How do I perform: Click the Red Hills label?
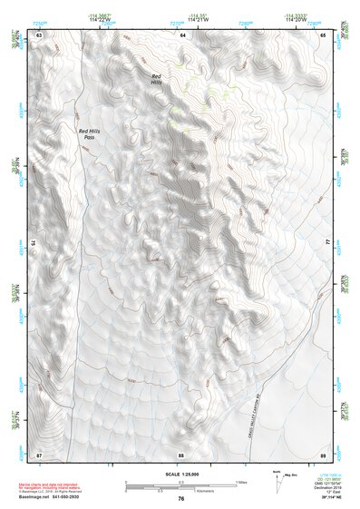point(157,79)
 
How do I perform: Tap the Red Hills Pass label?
point(92,133)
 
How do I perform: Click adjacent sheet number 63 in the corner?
point(39,34)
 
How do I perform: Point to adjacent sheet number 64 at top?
point(181,34)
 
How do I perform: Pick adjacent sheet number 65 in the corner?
point(324,34)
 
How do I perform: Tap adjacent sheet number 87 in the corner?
point(39,454)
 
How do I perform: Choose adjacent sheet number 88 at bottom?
point(181,454)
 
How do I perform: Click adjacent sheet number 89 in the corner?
point(324,454)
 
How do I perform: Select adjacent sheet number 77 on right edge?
point(327,243)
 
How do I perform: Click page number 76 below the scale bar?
point(181,499)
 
